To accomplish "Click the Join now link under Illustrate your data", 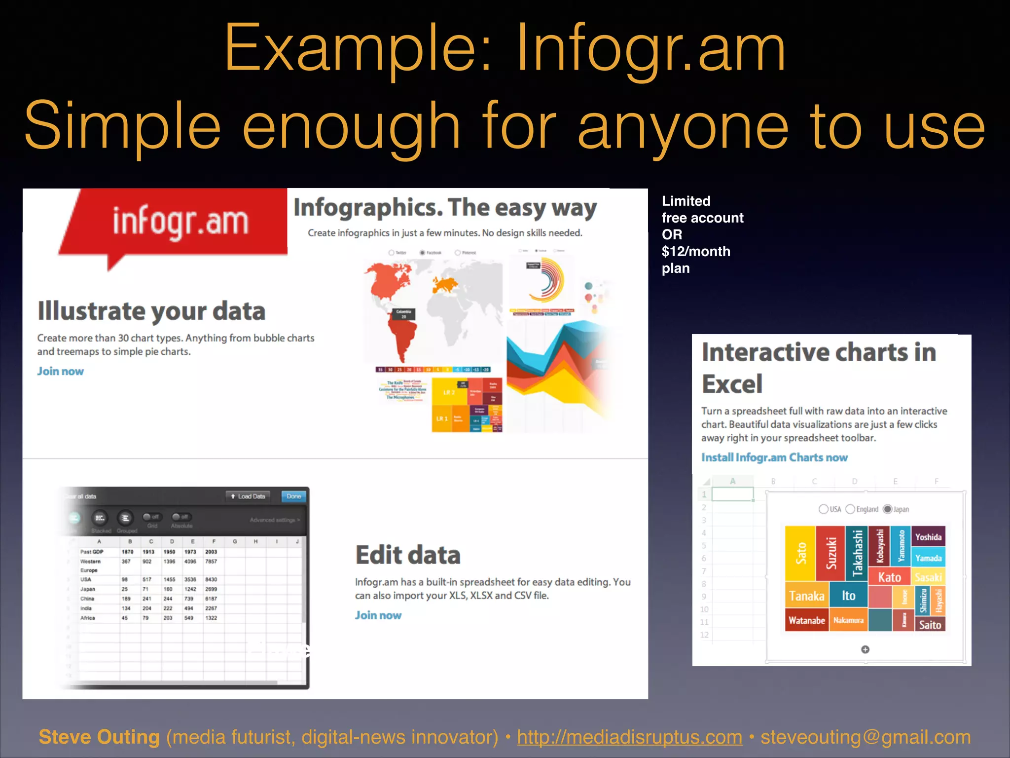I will (x=60, y=371).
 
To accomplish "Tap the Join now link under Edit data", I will (x=378, y=615).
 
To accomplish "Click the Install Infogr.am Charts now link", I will (x=774, y=457).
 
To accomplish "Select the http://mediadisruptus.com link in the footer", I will (x=629, y=737).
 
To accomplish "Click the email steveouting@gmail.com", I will (x=865, y=737).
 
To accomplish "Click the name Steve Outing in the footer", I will (x=99, y=737).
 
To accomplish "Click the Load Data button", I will (x=248, y=496).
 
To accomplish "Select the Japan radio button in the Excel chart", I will (x=888, y=509).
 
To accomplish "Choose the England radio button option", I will (x=850, y=509).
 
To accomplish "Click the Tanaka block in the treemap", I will (x=806, y=596).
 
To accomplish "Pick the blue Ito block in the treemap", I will (x=848, y=596).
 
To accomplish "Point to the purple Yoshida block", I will (x=928, y=537).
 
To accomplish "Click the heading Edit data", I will (x=408, y=555).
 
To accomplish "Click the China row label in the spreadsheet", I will (x=87, y=599).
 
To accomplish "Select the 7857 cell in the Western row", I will (x=211, y=562).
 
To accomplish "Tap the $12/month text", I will (x=695, y=252).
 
